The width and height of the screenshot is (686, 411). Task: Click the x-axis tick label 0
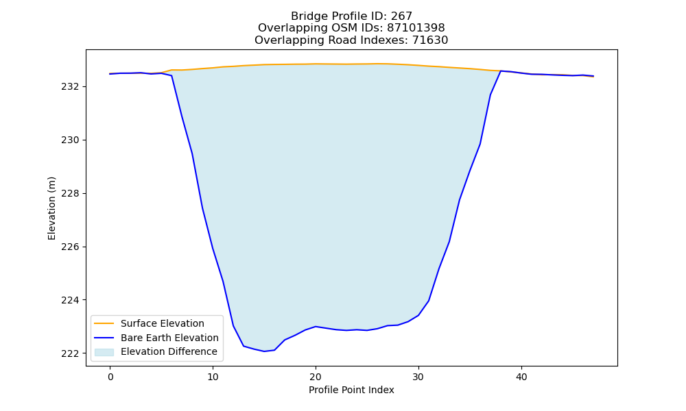tap(110, 377)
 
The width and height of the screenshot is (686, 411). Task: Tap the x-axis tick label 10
tap(213, 377)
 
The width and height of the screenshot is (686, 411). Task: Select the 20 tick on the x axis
tap(316, 377)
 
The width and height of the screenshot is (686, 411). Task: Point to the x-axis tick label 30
tap(418, 377)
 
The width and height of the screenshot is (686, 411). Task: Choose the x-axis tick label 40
tap(521, 377)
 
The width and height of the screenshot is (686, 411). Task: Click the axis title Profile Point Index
tap(351, 390)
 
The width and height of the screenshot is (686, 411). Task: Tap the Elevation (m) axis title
tap(51, 208)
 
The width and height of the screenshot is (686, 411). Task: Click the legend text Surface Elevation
tap(163, 323)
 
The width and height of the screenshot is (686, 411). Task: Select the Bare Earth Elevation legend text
tap(169, 338)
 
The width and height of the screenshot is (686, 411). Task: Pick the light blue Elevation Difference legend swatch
tap(104, 352)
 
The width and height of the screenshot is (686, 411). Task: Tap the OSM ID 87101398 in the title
tap(416, 28)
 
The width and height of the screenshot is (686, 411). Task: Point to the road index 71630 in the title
tap(430, 40)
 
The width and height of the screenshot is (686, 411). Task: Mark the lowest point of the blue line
tap(264, 351)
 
